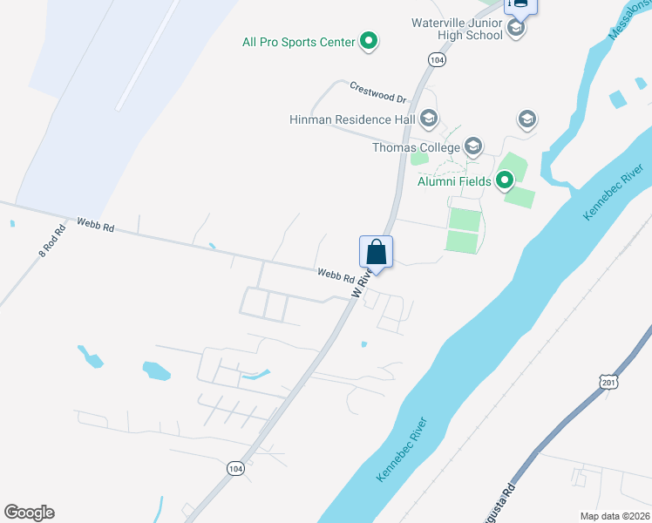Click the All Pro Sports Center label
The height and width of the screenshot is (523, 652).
point(298,42)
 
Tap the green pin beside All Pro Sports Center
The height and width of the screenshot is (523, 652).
point(369,40)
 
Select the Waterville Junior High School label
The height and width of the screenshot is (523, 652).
point(458,30)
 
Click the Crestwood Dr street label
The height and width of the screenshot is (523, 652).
point(378,91)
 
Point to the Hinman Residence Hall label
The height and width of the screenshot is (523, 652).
point(352,119)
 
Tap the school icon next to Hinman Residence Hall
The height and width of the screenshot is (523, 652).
point(428,118)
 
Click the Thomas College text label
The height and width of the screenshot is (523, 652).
point(416,147)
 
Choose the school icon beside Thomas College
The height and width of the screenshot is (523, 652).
point(473,146)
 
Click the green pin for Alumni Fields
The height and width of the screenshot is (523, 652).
point(505,180)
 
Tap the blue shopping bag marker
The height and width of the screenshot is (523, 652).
point(377,253)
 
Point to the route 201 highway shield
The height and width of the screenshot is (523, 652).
point(608,382)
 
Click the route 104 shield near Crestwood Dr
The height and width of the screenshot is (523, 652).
point(437,59)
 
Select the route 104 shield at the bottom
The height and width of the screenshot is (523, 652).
point(234,469)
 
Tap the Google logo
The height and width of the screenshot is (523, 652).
point(29,513)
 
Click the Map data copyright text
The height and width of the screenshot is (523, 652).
point(603,516)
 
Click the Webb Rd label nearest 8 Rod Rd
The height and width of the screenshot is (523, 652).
point(94,226)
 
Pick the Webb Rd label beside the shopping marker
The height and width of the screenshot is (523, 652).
point(335,275)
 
